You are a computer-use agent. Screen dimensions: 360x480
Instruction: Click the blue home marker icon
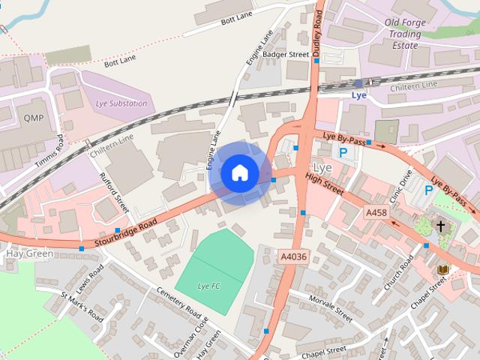[x=239, y=172]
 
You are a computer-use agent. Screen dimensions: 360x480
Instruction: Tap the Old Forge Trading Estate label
[x=404, y=34]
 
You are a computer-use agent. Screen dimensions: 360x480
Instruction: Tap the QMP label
[x=34, y=118]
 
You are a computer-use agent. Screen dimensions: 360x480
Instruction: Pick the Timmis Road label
[x=49, y=151]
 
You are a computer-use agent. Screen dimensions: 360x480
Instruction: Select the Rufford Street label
[x=115, y=192]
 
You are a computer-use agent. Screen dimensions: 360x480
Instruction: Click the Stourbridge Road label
[x=127, y=233]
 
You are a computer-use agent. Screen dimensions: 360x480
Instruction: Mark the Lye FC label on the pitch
[x=208, y=286]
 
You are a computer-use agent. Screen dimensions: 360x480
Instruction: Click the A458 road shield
[x=376, y=214]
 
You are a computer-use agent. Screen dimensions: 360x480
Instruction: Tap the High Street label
[x=325, y=184]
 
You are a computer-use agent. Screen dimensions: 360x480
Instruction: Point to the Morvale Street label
[x=330, y=307]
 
